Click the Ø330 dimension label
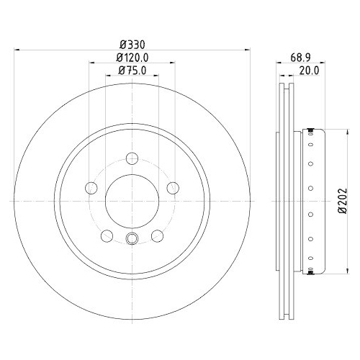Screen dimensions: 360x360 pos(132,45)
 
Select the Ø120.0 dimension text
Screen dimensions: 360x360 pos(132,58)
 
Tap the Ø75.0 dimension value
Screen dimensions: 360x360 pos(132,71)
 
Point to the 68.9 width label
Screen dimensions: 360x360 pos(301,58)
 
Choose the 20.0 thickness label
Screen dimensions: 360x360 pos(309,71)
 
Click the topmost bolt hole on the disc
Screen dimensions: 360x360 pos(132,158)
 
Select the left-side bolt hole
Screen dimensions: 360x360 pos(91,188)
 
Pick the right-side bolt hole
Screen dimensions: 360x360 pos(173,188)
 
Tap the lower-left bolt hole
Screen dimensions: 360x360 pos(107,235)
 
